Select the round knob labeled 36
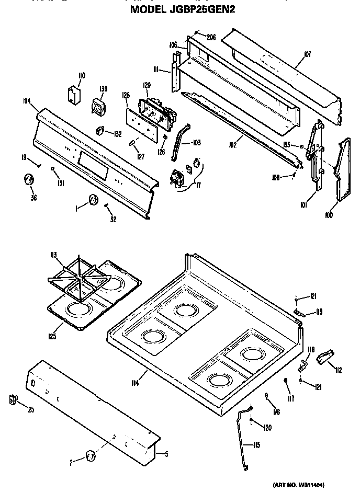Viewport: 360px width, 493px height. pyautogui.click(x=28, y=180)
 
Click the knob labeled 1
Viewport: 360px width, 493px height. pyautogui.click(x=93, y=200)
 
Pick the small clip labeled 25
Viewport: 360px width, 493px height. pyautogui.click(x=13, y=401)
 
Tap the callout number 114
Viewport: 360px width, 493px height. pyautogui.click(x=134, y=384)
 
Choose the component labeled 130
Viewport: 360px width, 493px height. pyautogui.click(x=97, y=106)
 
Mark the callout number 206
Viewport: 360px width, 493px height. pyautogui.click(x=211, y=37)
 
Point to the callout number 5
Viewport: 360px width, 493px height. pyautogui.click(x=165, y=453)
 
